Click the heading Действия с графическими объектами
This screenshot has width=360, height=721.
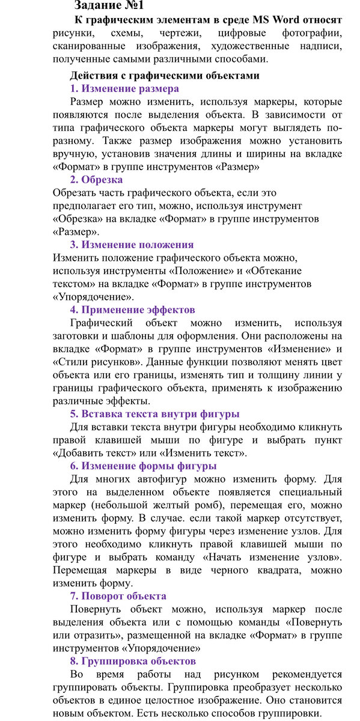click(165, 76)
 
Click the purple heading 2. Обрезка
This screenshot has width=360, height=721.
click(96, 180)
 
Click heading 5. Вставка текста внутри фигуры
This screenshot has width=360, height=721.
click(154, 413)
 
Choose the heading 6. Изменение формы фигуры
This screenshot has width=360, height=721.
click(143, 466)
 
